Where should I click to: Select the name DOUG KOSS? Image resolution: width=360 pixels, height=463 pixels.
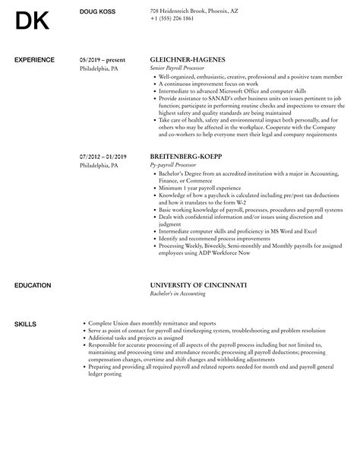point(96,11)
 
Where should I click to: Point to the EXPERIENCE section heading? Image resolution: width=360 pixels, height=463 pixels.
point(34,59)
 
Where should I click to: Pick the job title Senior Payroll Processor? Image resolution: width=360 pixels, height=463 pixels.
point(178,68)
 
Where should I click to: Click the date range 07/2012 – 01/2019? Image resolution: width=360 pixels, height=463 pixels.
point(104,157)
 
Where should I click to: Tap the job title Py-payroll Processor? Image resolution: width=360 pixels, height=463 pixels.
point(174,165)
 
